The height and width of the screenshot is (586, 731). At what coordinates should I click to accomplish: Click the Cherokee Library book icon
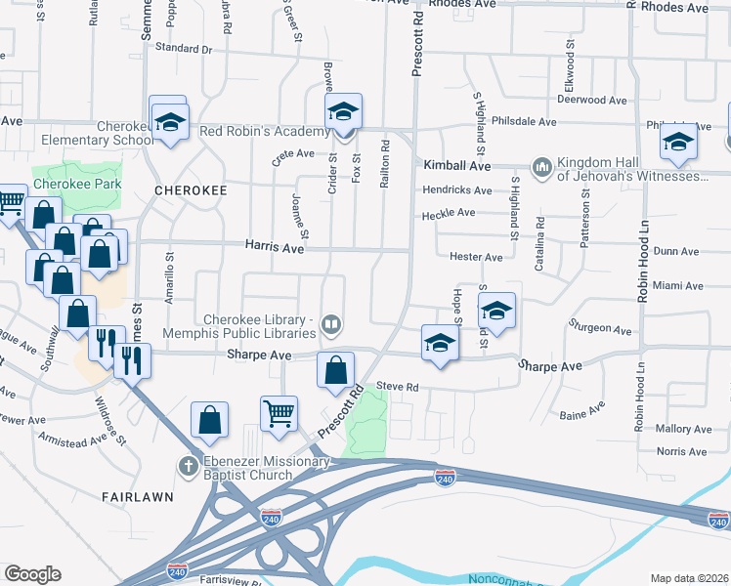(332, 324)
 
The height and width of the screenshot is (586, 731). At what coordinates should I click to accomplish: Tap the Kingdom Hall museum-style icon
(542, 168)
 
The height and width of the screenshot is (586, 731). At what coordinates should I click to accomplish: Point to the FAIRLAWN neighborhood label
(138, 496)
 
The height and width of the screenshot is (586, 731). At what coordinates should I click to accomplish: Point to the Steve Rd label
(397, 388)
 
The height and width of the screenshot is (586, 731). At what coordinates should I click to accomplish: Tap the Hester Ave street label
(476, 257)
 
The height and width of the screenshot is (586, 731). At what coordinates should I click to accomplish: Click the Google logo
(32, 574)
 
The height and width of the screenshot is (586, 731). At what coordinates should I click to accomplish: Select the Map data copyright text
(689, 577)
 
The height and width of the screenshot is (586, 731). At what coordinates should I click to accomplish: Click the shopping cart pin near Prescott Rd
(279, 414)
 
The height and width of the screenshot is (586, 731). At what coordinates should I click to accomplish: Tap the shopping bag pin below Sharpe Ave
(335, 370)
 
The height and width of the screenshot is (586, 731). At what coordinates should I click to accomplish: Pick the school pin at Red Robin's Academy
(343, 111)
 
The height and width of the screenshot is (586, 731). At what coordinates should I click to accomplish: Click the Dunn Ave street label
(676, 251)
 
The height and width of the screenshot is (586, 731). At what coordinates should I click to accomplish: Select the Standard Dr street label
(183, 48)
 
